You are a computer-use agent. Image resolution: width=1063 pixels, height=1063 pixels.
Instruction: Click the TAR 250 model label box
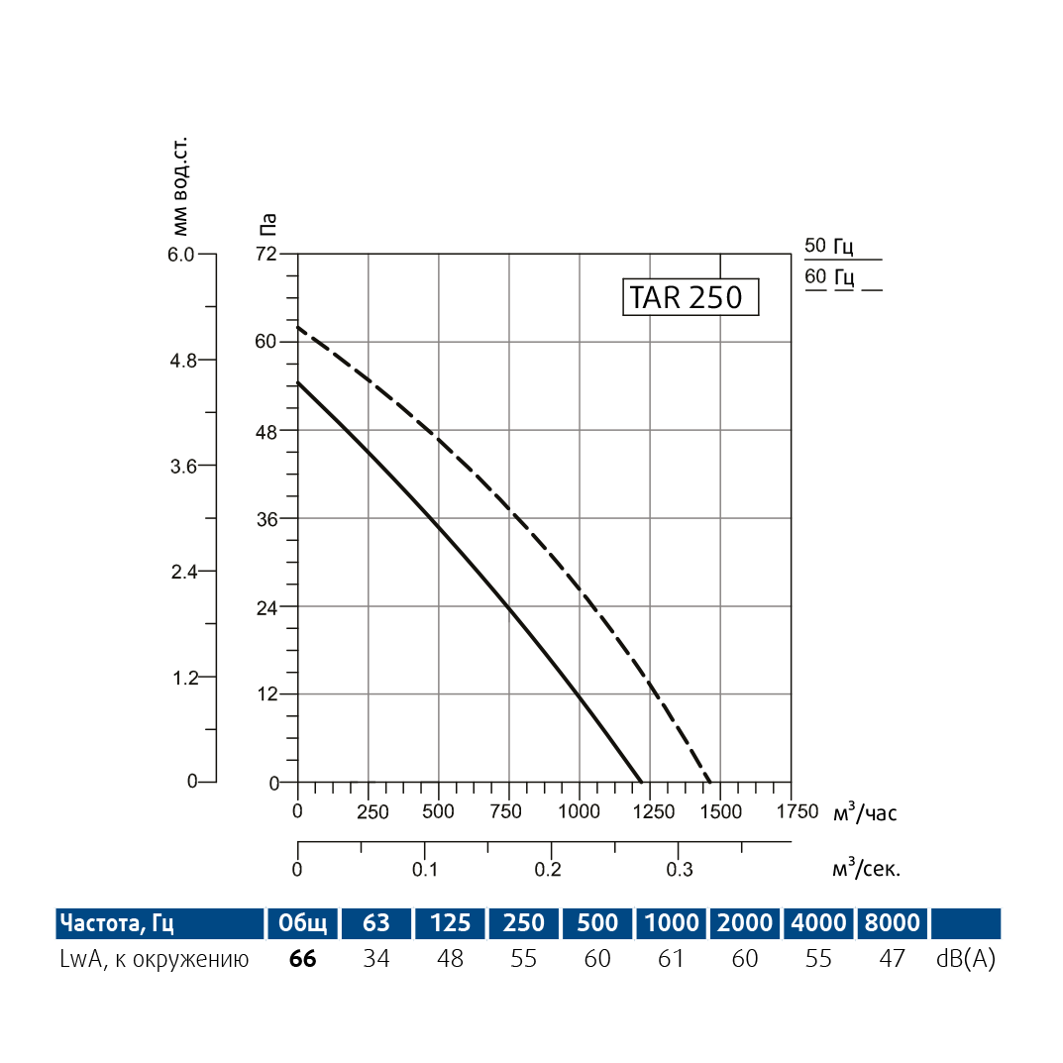tap(690, 297)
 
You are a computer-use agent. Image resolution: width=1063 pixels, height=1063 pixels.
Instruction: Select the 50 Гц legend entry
tap(829, 247)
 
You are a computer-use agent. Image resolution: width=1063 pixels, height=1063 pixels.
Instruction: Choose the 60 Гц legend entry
tap(829, 276)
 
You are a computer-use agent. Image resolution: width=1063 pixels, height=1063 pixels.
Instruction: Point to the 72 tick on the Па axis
tap(266, 255)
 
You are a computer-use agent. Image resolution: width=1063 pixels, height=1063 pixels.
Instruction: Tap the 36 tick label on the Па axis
tap(266, 519)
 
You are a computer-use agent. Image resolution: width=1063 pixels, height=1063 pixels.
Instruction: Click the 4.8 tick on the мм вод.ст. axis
tap(185, 360)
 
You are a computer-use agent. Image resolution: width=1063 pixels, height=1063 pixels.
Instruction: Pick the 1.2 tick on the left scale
tap(185, 678)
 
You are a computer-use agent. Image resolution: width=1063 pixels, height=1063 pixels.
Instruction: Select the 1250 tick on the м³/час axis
tap(650, 812)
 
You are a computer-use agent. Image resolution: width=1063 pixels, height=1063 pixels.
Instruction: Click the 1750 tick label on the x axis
tap(791, 812)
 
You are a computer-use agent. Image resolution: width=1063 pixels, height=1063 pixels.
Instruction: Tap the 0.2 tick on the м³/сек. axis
tap(548, 870)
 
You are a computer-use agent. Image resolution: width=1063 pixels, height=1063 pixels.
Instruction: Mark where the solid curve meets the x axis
tap(641, 782)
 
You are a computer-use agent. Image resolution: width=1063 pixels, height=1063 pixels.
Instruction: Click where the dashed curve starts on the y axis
tap(298, 327)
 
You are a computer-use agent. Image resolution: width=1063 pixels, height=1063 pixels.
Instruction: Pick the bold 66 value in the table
tap(302, 959)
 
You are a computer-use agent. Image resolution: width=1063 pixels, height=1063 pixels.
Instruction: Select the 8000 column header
tap(892, 923)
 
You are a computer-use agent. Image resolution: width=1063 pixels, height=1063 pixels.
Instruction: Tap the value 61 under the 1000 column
tap(671, 959)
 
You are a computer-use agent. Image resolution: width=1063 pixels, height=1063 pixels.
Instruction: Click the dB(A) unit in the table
tap(964, 959)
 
